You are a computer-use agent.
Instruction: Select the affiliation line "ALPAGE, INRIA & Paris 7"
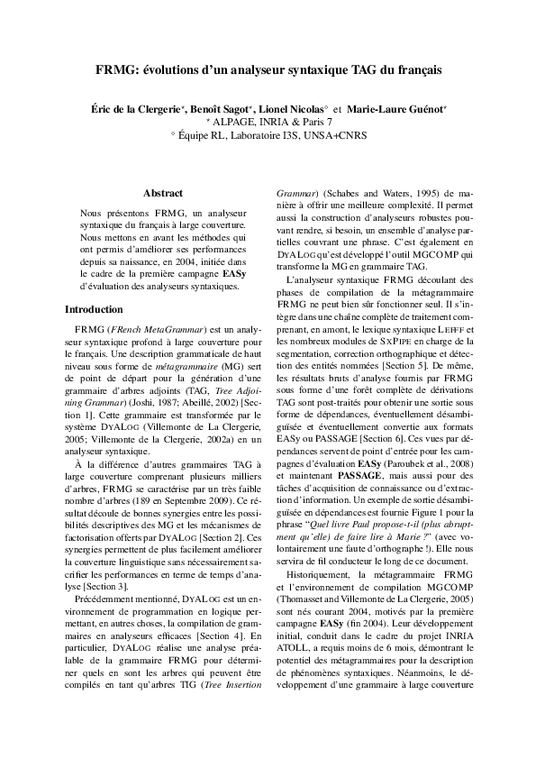point(272,122)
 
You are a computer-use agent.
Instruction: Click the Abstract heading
point(163,193)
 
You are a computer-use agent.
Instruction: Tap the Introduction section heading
point(94,309)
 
